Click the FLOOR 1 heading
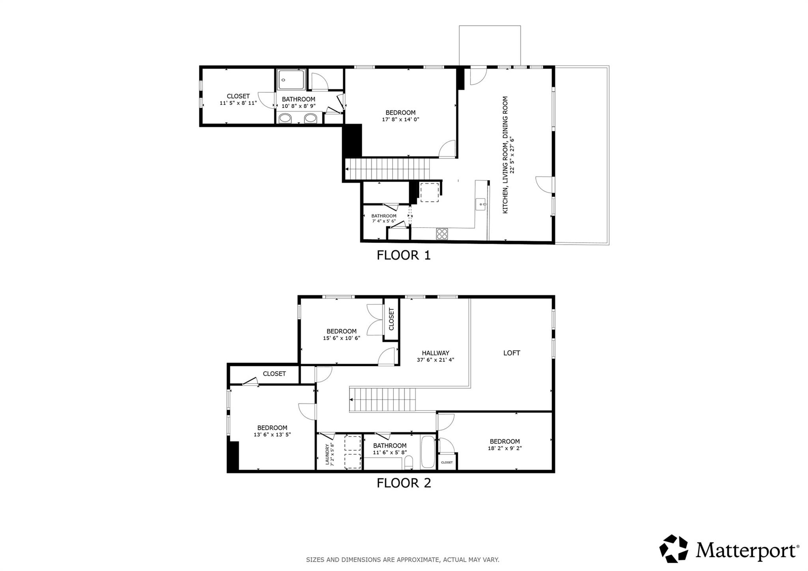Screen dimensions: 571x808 point(403,255)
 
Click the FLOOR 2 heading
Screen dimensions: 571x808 point(404,483)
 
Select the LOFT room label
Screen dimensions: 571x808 point(511,353)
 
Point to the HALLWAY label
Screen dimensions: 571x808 point(435,353)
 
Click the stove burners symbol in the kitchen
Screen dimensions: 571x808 point(442,234)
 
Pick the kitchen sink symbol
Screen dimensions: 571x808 point(481,204)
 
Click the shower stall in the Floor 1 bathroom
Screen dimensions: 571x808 point(291,80)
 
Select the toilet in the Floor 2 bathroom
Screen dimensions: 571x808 point(409,462)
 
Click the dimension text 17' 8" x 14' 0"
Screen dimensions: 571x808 point(400,119)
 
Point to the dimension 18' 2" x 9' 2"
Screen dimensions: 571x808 point(505,448)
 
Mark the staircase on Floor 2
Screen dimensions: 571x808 point(383,399)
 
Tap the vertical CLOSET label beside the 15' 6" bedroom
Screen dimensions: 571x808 point(391,319)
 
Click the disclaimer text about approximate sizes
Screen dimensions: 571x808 point(402,559)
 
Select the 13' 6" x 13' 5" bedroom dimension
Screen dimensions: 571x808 point(272,434)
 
